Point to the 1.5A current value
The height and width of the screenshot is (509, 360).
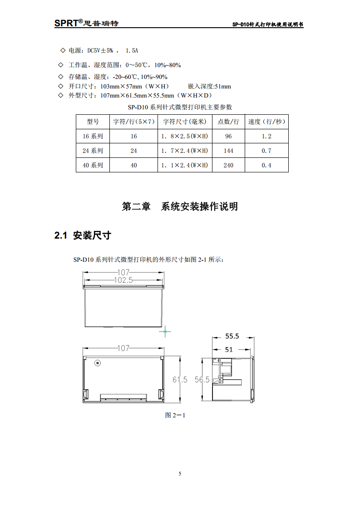(x=132, y=50)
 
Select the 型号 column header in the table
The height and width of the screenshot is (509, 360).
(x=93, y=122)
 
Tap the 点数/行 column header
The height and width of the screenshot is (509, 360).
(x=228, y=122)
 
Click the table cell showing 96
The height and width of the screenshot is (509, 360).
(x=228, y=136)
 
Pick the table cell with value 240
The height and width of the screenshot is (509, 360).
(x=228, y=165)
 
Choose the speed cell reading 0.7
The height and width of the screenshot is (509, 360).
(x=266, y=151)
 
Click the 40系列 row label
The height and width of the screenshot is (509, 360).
(x=93, y=165)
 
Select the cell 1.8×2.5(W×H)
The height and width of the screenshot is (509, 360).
(x=184, y=136)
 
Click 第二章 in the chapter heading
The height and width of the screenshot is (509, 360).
(x=136, y=206)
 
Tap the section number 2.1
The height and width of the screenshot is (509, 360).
(x=61, y=235)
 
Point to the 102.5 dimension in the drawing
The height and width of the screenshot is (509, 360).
(x=123, y=280)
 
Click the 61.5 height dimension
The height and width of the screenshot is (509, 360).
(x=180, y=380)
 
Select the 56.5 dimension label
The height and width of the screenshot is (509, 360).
(x=202, y=380)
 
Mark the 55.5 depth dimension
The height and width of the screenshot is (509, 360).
(x=232, y=336)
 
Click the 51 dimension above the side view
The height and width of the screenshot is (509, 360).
(x=229, y=349)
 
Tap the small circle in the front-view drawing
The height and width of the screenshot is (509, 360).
(x=97, y=363)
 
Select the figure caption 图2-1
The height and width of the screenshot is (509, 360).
(x=175, y=415)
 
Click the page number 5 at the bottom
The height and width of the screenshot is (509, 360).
(x=180, y=474)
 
